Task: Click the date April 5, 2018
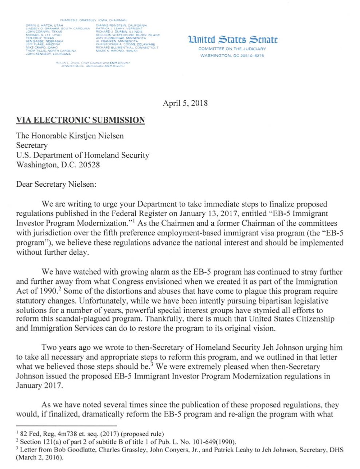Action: [x=185, y=103]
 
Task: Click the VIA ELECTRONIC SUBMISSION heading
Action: [x=81, y=120]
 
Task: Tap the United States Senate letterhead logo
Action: [x=232, y=39]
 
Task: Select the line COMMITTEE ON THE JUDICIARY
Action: [x=232, y=49]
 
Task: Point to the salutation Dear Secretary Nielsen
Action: [x=56, y=184]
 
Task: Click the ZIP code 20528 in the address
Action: [x=89, y=164]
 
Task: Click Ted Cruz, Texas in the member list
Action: [x=40, y=38]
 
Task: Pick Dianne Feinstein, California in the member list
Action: [x=121, y=26]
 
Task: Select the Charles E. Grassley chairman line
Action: [x=93, y=20]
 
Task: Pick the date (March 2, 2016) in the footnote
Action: [x=40, y=457]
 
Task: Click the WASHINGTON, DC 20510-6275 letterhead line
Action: [x=232, y=56]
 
